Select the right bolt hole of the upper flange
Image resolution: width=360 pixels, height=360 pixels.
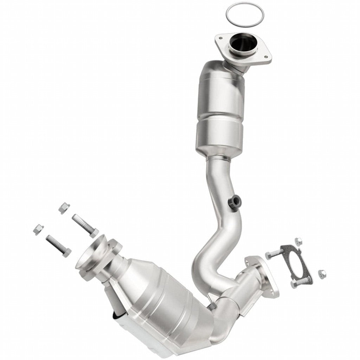(x=266, y=57)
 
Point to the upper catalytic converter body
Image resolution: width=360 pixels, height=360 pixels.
(x=220, y=109)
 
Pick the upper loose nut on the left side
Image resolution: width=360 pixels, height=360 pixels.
(x=64, y=208)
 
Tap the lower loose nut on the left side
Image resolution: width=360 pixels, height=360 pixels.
(x=38, y=229)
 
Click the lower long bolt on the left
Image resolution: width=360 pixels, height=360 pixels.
(x=58, y=245)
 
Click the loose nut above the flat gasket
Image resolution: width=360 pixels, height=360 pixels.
(x=298, y=241)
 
